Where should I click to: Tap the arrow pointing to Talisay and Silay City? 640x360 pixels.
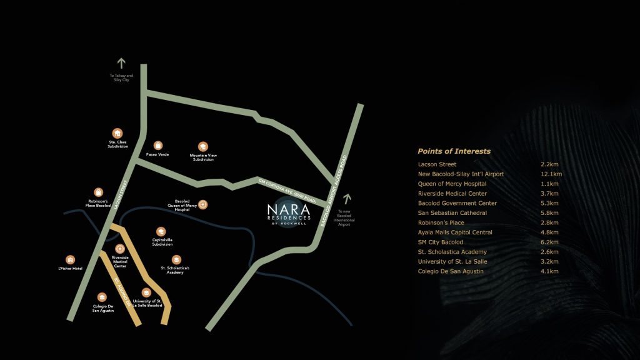pyautogui.click(x=121, y=62)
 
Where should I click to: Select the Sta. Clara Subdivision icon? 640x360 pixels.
pyautogui.click(x=117, y=133)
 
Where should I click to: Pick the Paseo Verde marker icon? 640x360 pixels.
pyautogui.click(x=158, y=145)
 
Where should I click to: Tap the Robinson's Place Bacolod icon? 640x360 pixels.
pyautogui.click(x=98, y=192)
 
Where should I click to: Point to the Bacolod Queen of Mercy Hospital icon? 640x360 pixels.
pyautogui.click(x=202, y=204)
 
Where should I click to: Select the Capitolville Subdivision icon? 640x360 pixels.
pyautogui.click(x=161, y=231)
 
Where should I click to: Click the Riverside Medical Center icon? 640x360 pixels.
pyautogui.click(x=120, y=249)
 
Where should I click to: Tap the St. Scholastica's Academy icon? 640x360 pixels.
pyautogui.click(x=176, y=259)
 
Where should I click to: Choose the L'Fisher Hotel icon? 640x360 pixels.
pyautogui.click(x=70, y=259)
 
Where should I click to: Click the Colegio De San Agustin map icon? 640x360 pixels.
pyautogui.click(x=102, y=297)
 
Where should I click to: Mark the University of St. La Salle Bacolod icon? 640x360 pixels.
pyautogui.click(x=147, y=292)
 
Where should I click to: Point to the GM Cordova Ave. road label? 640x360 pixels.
pyautogui.click(x=287, y=191)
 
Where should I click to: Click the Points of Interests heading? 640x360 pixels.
pyautogui.click(x=454, y=151)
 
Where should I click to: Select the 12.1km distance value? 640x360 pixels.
pyautogui.click(x=551, y=174)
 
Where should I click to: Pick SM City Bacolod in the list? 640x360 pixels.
pyautogui.click(x=441, y=242)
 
